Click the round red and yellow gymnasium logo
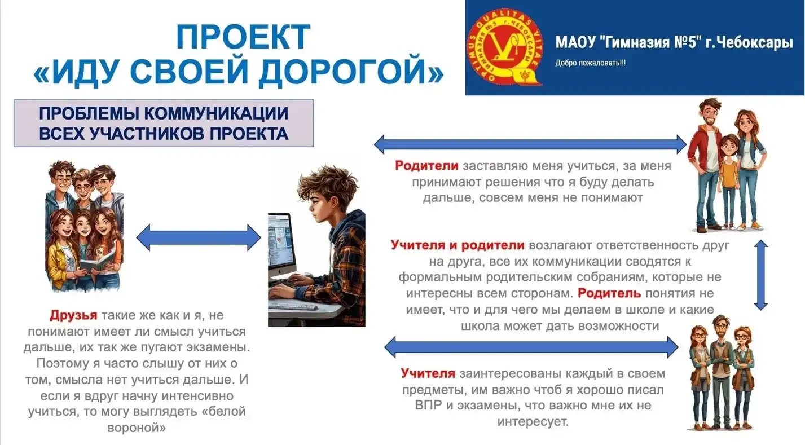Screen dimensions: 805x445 [x=505, y=47]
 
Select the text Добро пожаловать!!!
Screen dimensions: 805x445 [x=590, y=63]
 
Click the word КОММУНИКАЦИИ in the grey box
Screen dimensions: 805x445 [x=217, y=113]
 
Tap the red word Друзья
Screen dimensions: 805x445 [x=73, y=315]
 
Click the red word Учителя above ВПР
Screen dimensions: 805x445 [x=428, y=373]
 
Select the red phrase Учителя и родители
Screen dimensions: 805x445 [x=458, y=245]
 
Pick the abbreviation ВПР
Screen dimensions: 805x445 [x=428, y=405]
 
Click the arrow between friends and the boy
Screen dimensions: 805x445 [x=199, y=237]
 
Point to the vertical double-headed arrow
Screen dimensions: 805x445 [x=761, y=275]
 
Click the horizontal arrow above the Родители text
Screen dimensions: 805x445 [x=530, y=144]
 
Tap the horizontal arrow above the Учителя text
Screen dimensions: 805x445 [x=531, y=347]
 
